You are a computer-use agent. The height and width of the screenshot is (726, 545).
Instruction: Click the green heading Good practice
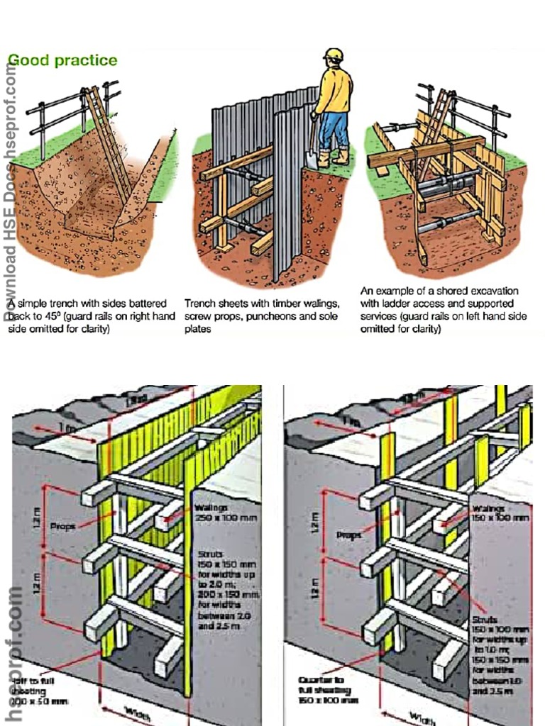tap(62, 60)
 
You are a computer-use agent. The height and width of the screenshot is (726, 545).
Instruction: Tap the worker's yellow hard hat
tap(333, 55)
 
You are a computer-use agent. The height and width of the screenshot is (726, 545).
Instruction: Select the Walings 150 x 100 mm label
tap(500, 513)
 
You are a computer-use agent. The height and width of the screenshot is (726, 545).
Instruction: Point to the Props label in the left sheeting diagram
tap(64, 526)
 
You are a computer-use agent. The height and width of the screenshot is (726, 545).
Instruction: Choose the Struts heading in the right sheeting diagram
tap(485, 619)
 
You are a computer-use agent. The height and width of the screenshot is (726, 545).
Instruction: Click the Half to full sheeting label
tap(38, 691)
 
